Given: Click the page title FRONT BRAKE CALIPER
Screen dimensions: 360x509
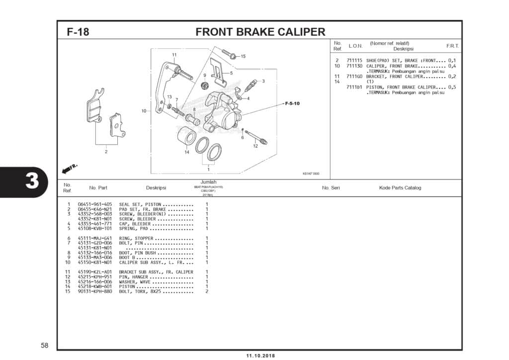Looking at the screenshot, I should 260,32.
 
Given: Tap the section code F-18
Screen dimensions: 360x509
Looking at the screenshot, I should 78,32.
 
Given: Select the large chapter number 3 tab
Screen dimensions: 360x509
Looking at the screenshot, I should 31,181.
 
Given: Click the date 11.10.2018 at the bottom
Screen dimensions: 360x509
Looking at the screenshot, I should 260,356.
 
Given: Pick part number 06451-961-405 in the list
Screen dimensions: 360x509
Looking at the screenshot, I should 95,204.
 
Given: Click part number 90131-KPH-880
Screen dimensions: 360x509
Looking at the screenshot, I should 95,291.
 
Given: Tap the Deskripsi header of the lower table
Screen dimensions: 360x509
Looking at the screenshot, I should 156,188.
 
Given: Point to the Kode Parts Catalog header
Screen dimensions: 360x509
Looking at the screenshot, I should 400,188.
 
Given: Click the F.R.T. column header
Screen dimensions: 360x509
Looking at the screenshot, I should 452,46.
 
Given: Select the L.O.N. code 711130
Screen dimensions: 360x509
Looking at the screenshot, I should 354,66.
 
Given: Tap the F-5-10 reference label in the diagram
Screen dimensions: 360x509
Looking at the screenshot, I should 292,103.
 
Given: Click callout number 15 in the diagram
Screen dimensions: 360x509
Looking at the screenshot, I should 243,56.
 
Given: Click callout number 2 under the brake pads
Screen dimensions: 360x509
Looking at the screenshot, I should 106,152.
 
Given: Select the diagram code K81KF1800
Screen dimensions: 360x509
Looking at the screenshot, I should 311,174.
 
